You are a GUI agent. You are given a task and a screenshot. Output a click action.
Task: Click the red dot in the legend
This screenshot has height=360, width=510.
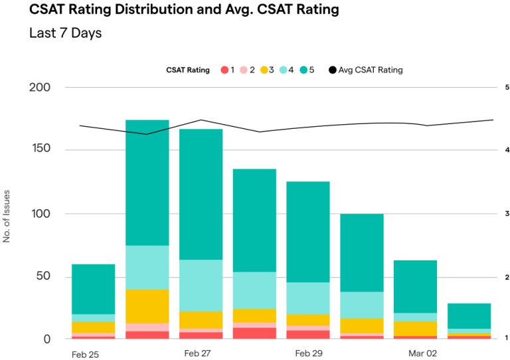[224, 70]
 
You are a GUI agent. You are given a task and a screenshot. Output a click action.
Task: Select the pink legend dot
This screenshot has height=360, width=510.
[244, 70]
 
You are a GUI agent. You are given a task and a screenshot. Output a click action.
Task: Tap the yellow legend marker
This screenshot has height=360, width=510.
[264, 70]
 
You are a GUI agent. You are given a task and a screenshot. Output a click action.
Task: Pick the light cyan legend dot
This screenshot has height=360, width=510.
[284, 70]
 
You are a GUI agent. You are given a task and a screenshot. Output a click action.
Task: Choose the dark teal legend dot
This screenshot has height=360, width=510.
[303, 70]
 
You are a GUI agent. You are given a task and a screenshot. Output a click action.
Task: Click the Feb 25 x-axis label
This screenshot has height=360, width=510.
[85, 354]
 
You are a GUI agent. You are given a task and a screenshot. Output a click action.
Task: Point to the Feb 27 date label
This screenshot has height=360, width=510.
[197, 353]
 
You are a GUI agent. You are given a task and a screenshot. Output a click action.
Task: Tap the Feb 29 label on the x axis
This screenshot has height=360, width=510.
[309, 353]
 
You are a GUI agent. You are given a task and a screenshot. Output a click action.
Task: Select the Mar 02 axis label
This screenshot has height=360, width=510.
[422, 353]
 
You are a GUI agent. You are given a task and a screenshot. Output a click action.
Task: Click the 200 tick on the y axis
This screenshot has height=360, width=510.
[40, 87]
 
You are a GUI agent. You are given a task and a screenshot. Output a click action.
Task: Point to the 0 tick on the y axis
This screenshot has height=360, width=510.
[46, 339]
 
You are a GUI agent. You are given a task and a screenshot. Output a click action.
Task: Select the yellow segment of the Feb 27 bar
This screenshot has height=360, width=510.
[201, 319]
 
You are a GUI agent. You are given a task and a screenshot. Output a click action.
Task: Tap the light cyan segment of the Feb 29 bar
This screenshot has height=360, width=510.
[308, 298]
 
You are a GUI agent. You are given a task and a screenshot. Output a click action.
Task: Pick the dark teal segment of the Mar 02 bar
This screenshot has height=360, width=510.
[415, 286]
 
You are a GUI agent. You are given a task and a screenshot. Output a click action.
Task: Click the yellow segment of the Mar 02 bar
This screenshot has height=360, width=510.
[415, 328]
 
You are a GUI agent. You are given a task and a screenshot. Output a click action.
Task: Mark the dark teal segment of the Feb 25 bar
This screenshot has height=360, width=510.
[93, 289]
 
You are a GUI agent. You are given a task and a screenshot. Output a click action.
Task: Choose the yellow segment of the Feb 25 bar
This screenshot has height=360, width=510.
[93, 327]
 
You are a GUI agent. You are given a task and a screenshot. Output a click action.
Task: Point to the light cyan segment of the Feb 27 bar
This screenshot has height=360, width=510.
[201, 286]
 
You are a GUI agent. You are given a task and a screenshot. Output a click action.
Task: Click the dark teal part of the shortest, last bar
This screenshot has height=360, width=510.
[469, 315]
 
